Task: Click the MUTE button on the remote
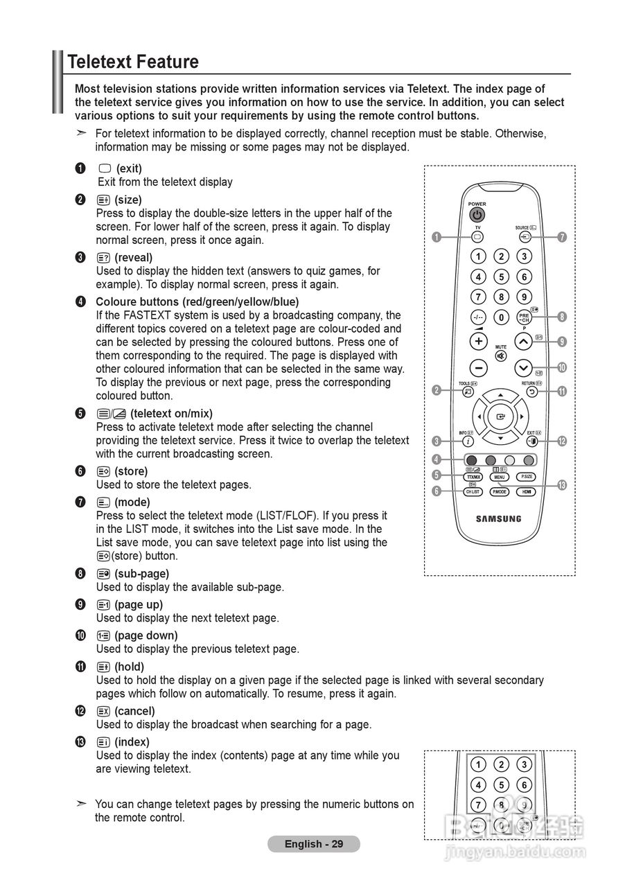pos(500,356)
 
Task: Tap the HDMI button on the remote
pos(527,491)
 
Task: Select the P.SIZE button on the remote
pos(527,477)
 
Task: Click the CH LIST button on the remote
pos(472,491)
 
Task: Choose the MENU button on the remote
pos(500,477)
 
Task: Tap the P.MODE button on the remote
pos(499,491)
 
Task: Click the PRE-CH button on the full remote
pos(524,318)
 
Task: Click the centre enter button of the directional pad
pos(500,417)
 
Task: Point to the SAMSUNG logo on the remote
pos(498,518)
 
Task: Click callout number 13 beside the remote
pos(562,485)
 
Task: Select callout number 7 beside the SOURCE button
pos(562,237)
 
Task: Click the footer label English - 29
pos(314,844)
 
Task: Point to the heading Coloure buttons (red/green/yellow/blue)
pos(197,301)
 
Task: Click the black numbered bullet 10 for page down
pos(81,635)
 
